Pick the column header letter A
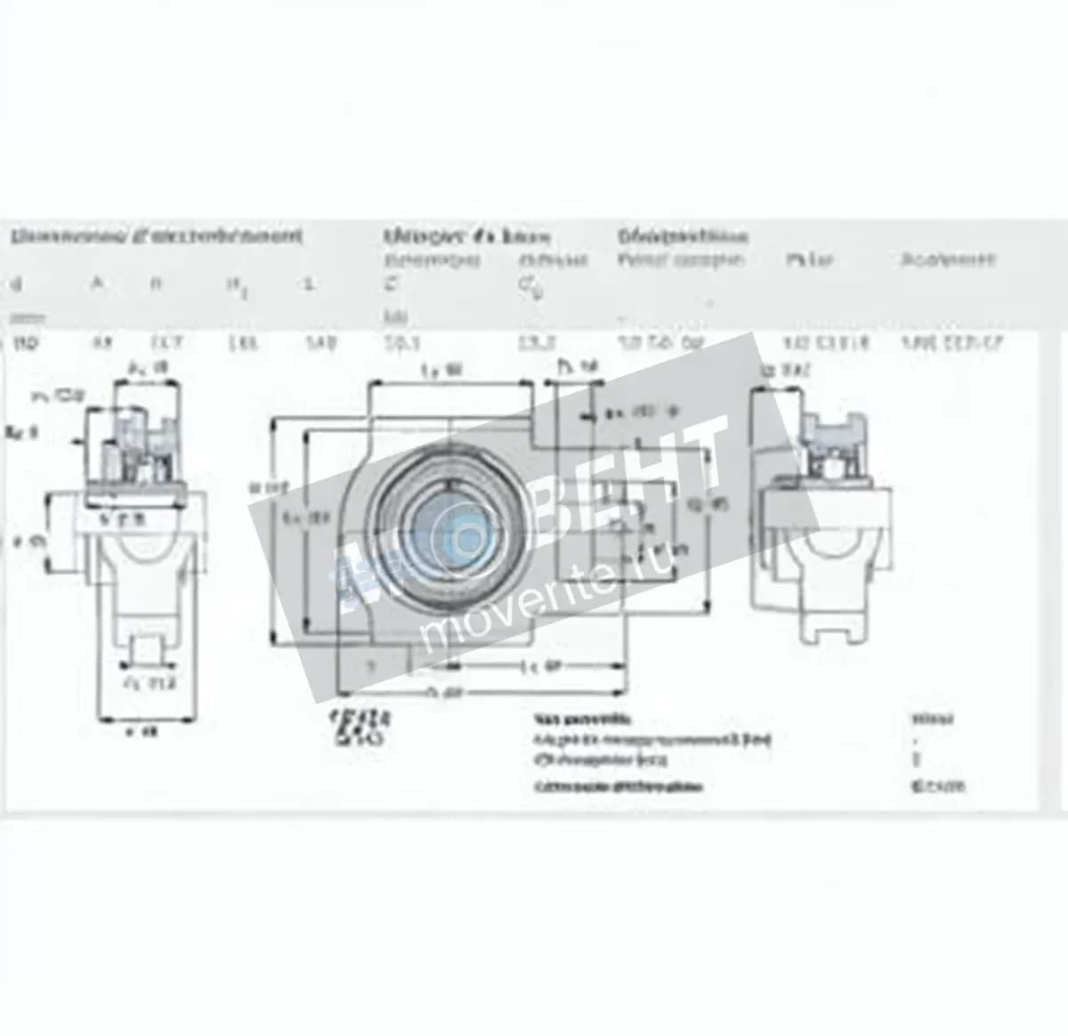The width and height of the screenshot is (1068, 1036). (x=97, y=284)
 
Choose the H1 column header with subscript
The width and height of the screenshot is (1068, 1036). (x=233, y=285)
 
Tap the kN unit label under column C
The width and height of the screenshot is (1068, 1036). (x=391, y=317)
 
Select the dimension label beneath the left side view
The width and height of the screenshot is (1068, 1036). (x=143, y=732)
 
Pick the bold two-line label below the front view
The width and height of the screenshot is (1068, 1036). (x=360, y=727)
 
